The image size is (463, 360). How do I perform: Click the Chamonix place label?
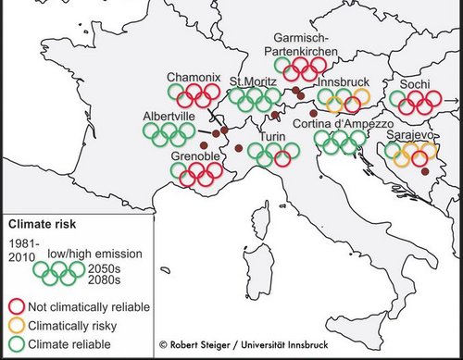coord(192,76)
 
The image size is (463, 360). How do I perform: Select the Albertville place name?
coord(169,117)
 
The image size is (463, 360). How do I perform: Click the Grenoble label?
coord(194,157)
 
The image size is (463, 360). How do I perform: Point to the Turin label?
coord(271,137)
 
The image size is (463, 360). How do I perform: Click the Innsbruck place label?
coord(343,82)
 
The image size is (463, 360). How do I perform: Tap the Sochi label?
coord(415,84)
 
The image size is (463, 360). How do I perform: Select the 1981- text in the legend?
coord(23,242)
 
